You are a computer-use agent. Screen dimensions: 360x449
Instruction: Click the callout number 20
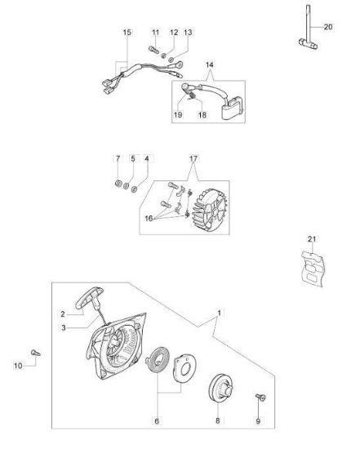tap(328, 27)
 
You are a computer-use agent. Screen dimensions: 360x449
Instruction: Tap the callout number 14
tap(209, 65)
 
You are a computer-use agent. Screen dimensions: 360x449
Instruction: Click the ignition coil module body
tap(233, 108)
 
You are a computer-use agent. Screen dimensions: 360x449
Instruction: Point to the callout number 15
tap(127, 33)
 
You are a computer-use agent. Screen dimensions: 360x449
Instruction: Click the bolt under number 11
tap(153, 50)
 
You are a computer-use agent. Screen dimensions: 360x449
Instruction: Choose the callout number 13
tap(188, 32)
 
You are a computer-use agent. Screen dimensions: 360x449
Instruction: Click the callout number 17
tap(193, 158)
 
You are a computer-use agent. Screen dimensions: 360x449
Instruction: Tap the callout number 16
tap(149, 219)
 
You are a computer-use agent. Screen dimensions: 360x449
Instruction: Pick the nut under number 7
tap(118, 183)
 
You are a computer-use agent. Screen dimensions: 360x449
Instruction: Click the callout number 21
tap(312, 239)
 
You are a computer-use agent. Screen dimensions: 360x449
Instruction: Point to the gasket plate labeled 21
tap(313, 269)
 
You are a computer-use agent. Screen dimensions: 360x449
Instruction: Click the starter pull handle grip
tap(89, 297)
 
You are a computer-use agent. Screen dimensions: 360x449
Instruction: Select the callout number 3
tap(64, 328)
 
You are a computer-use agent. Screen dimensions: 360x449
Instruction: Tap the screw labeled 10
tap(36, 353)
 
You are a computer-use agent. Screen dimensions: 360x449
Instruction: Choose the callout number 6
tap(157, 421)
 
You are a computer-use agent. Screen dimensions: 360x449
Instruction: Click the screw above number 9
tap(260, 397)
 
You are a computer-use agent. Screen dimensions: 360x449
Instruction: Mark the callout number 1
tap(220, 313)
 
